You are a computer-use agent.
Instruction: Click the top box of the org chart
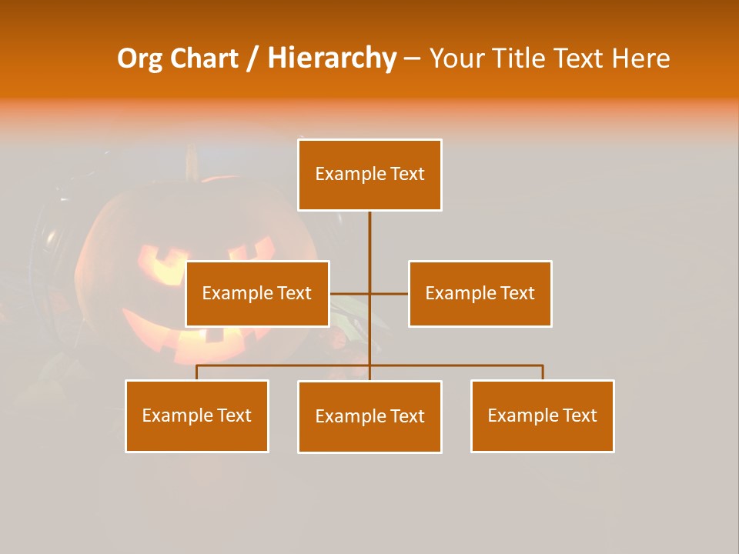tap(369, 175)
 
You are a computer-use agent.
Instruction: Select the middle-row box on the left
tap(257, 293)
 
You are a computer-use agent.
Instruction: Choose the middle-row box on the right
tap(480, 293)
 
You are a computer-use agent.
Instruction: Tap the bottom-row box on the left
tap(197, 415)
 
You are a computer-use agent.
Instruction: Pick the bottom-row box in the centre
tap(369, 416)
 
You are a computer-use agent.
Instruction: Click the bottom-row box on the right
tap(542, 415)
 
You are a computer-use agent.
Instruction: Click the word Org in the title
tap(139, 58)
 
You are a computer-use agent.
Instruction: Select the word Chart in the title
tap(204, 58)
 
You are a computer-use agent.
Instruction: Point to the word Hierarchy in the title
tap(331, 58)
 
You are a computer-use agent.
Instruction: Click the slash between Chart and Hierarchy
tap(252, 58)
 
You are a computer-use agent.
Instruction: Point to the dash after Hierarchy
tap(412, 58)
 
